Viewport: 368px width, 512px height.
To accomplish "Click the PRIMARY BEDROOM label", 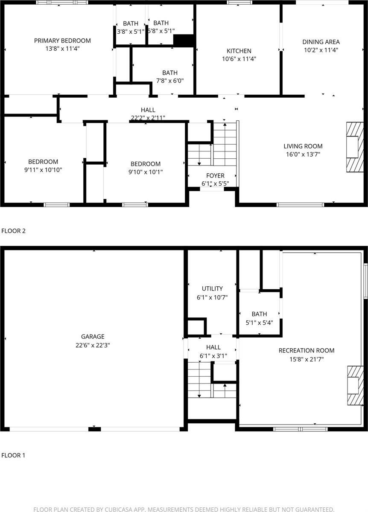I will (x=62, y=41).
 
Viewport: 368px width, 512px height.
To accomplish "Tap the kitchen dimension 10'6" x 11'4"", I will (x=239, y=59).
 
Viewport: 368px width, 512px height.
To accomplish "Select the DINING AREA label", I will (x=321, y=42).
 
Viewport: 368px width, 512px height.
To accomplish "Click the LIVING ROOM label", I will (x=303, y=146).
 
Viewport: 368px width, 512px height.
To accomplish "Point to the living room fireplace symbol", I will (x=354, y=147).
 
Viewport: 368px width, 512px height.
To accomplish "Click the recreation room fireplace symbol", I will (x=354, y=385).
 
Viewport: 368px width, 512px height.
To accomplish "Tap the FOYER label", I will (x=215, y=176).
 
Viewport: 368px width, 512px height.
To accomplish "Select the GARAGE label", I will (x=93, y=337).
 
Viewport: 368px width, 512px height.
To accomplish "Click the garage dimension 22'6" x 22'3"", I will (x=93, y=345).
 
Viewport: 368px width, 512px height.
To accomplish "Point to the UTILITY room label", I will (x=212, y=289).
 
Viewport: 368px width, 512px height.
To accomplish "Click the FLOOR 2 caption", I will (x=14, y=231).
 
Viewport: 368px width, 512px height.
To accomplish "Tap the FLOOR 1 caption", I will (x=14, y=455).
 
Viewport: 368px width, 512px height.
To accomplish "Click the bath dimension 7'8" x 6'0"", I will (x=169, y=81).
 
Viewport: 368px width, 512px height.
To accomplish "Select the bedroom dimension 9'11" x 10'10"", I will (x=43, y=170).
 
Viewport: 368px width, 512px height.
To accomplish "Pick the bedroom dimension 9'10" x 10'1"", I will (x=146, y=172).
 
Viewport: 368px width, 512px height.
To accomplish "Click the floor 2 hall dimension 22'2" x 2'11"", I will (x=148, y=118).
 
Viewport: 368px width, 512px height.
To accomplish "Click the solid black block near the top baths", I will (x=184, y=40).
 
